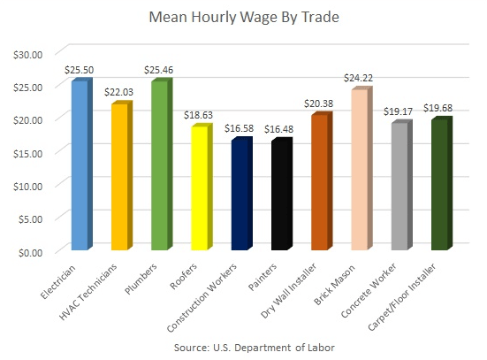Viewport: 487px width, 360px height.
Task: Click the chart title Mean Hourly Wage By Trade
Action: coord(243,17)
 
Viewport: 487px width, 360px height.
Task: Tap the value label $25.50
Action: coord(80,68)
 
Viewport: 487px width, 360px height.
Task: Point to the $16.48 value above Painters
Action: coord(282,129)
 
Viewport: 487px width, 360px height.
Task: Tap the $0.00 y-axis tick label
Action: coord(32,251)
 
